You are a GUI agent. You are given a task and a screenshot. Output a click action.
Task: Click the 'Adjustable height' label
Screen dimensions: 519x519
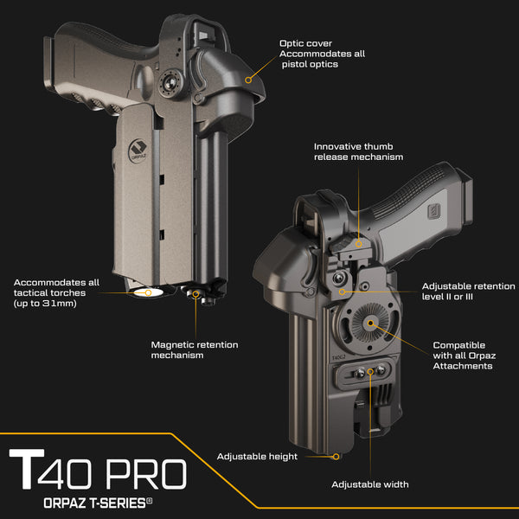[x=257, y=456]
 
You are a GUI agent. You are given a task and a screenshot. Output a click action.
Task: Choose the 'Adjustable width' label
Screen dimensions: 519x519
[x=370, y=484]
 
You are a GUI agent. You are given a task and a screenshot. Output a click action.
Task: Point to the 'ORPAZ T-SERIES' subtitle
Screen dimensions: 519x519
[x=97, y=502]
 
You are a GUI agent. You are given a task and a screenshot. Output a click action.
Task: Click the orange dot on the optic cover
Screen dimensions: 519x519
[x=248, y=79]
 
